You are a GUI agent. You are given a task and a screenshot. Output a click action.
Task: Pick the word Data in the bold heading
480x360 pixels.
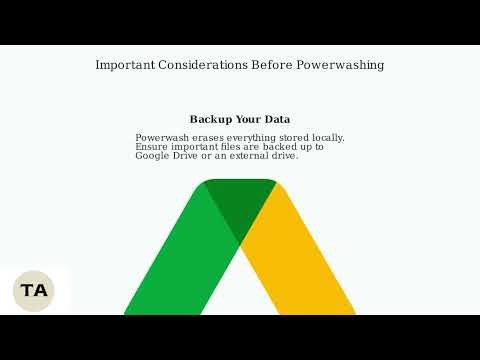(x=277, y=120)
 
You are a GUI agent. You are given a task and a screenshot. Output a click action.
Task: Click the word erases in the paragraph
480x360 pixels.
(x=212, y=138)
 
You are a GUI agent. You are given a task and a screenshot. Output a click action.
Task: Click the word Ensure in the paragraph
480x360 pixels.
(x=153, y=147)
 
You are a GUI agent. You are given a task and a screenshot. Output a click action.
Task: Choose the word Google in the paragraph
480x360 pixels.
(x=153, y=156)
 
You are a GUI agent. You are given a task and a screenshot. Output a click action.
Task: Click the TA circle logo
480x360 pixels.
(x=33, y=291)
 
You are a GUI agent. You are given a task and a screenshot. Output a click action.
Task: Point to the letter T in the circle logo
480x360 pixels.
(x=27, y=291)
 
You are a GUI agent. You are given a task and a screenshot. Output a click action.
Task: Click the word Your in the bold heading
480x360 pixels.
(x=247, y=120)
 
